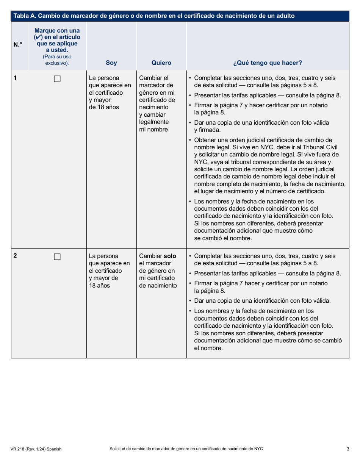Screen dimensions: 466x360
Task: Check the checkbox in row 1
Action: point(57,79)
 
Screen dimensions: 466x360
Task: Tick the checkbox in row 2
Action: point(57,257)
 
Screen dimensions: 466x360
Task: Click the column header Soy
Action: point(111,63)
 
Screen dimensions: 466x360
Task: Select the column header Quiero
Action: point(161,63)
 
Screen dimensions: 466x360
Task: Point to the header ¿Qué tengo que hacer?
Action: point(268,63)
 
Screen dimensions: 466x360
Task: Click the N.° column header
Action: point(18,45)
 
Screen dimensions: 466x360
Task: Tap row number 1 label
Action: point(15,78)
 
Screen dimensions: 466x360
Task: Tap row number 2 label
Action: point(15,256)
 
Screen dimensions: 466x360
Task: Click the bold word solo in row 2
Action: point(170,256)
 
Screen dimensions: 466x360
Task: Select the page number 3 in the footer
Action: point(347,449)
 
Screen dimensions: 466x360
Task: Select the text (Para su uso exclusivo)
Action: point(57,60)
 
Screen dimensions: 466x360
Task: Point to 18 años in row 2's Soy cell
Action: point(99,286)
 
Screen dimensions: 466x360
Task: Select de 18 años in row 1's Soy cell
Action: point(104,107)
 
